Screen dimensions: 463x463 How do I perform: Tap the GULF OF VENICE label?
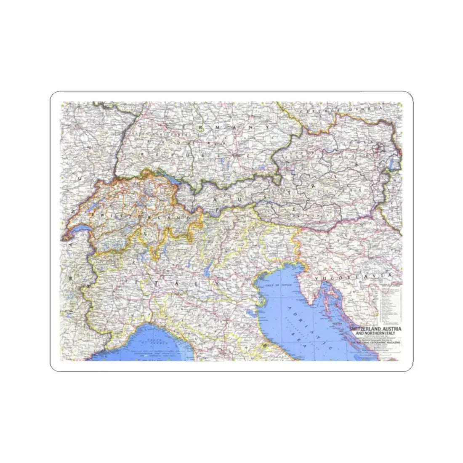[x=279, y=285]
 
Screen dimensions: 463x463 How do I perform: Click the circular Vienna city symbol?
[x=380, y=148]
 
